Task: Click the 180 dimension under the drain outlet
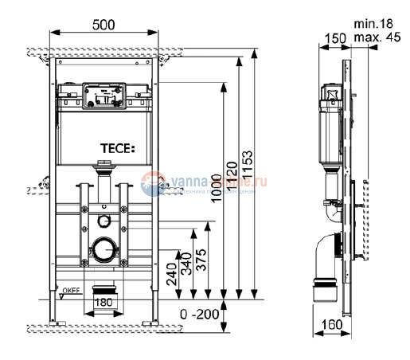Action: click(103, 303)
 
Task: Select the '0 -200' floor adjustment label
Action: click(197, 315)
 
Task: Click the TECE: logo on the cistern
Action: click(118, 147)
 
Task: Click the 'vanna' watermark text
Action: click(182, 182)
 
